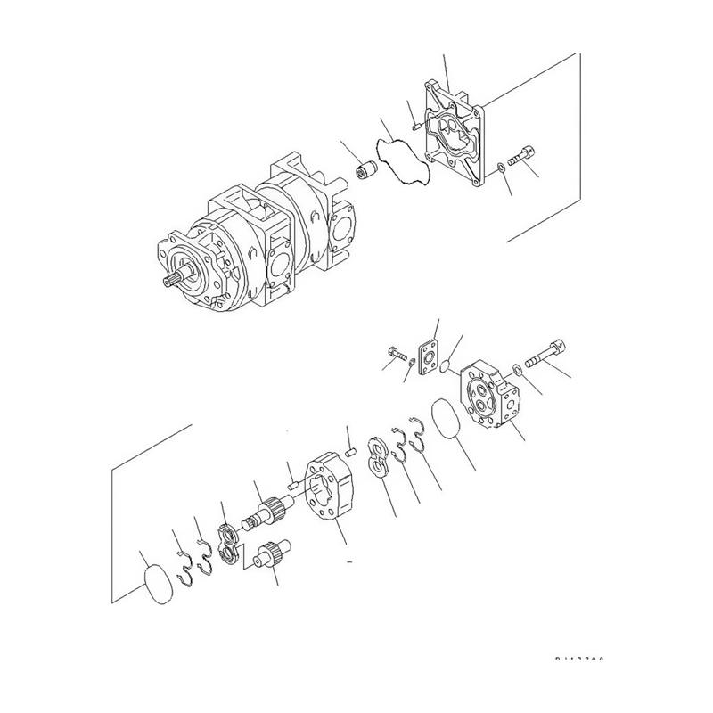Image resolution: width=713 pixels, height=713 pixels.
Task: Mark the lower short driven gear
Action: pos(268,558)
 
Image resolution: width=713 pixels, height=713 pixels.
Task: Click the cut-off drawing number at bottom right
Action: pos(578,661)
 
